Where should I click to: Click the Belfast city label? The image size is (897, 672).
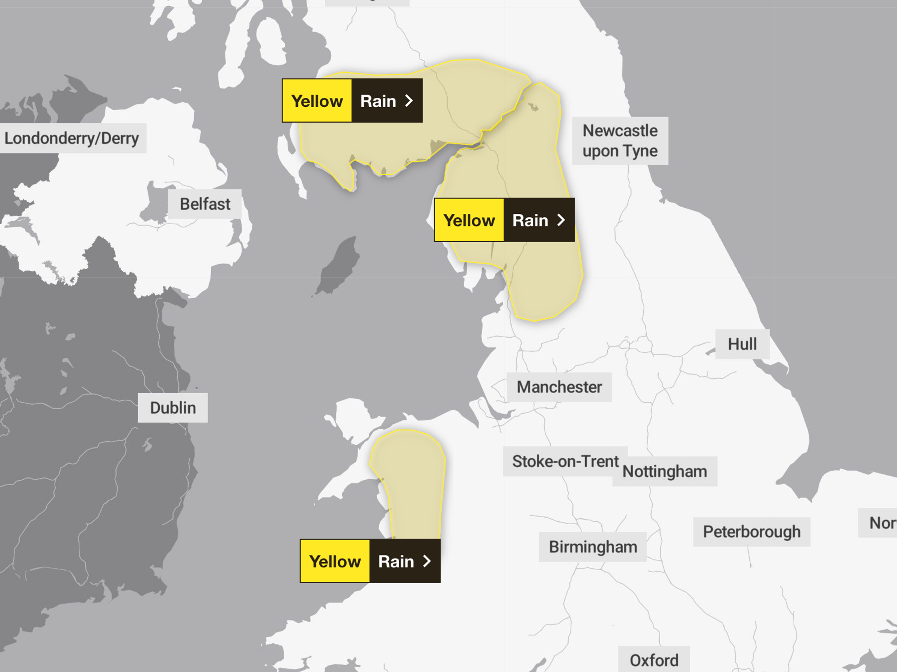[x=205, y=204]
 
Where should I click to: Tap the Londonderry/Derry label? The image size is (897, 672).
[x=72, y=138]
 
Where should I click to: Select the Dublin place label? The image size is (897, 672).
[x=173, y=408]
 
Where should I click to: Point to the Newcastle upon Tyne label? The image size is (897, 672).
[x=620, y=141]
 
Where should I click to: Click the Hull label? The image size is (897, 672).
[x=742, y=344]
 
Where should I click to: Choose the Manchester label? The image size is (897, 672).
[x=559, y=387]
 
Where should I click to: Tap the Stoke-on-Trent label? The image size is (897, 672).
[x=565, y=461]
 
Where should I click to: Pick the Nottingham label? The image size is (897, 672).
[x=665, y=472]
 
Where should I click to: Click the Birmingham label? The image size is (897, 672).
[x=592, y=547]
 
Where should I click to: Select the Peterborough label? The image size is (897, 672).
[x=752, y=532]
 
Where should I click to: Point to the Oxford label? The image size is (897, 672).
[x=654, y=660]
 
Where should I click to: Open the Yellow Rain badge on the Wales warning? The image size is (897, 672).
[x=370, y=561]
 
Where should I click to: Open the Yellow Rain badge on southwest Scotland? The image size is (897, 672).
[x=352, y=101]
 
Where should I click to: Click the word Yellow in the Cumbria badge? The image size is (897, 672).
[x=469, y=221]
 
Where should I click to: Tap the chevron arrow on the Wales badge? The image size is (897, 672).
[x=427, y=561]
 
